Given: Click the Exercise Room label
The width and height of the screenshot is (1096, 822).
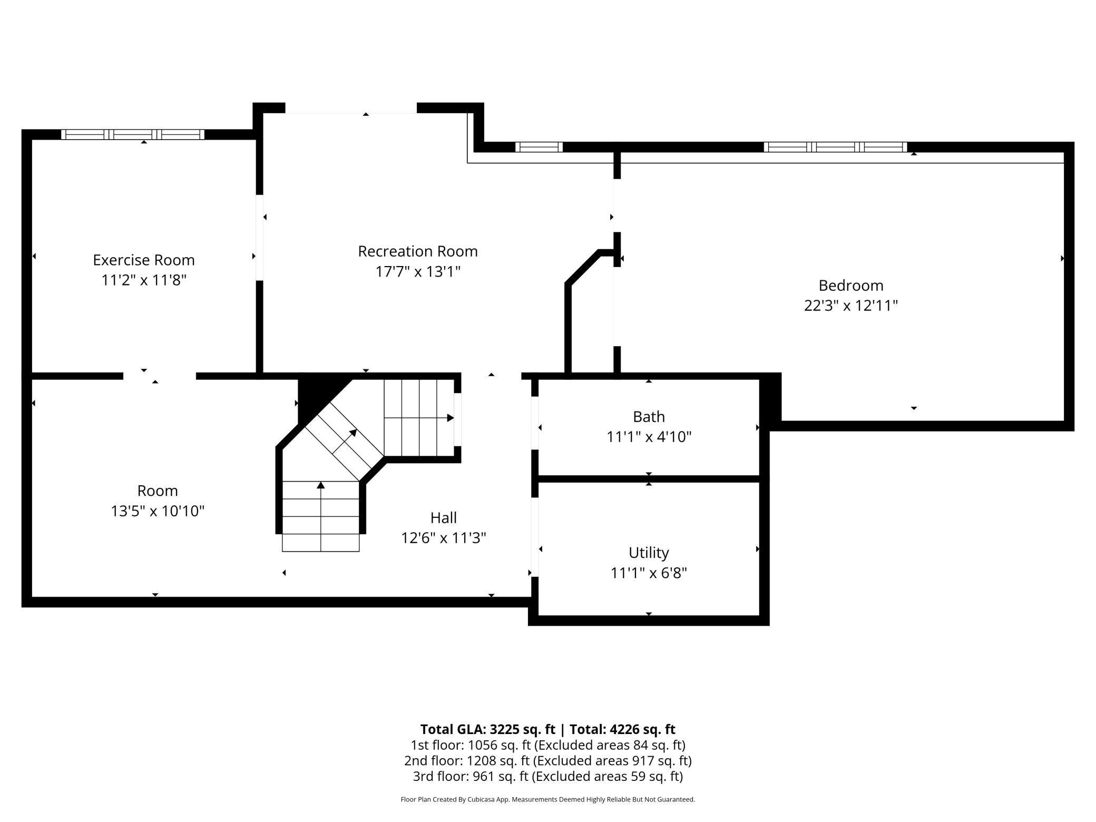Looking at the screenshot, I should point(144,260).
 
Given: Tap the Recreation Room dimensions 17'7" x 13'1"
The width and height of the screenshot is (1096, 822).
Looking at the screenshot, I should point(418,271).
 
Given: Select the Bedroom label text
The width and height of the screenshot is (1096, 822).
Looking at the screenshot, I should point(850,285).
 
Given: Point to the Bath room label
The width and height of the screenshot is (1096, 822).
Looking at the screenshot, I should point(649,416).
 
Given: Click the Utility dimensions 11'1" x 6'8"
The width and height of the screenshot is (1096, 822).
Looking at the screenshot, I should point(649,573).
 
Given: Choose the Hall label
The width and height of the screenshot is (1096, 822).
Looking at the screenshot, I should point(443,517).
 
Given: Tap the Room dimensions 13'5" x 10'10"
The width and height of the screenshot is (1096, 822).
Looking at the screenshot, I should point(158,511).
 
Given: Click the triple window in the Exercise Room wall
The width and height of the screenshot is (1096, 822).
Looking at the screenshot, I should point(133,134).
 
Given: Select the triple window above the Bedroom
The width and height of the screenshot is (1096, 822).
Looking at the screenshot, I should point(835,147).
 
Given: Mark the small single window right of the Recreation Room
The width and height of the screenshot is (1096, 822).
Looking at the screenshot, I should point(539,147).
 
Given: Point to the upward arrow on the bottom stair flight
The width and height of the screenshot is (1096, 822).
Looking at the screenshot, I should point(320,485).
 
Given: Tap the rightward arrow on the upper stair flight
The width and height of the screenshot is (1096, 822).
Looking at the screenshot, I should point(449,418).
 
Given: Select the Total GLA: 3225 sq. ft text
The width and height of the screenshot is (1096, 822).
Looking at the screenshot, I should point(487,729).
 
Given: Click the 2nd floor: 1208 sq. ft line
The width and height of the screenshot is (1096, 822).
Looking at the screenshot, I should point(547,760).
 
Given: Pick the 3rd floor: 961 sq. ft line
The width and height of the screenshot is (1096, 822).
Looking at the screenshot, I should point(547,776).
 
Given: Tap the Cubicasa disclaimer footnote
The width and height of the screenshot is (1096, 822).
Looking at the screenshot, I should point(547,799).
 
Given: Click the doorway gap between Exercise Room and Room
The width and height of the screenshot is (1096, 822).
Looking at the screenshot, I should point(159,376).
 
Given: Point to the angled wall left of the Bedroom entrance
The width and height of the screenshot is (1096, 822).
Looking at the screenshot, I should point(582,268).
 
